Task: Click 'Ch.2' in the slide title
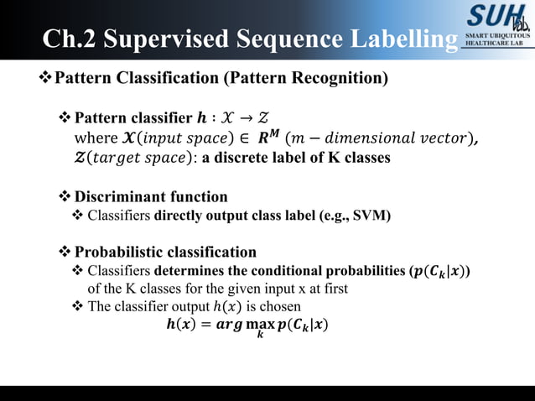[x=71, y=39]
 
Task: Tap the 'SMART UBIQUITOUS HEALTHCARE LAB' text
[x=498, y=40]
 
